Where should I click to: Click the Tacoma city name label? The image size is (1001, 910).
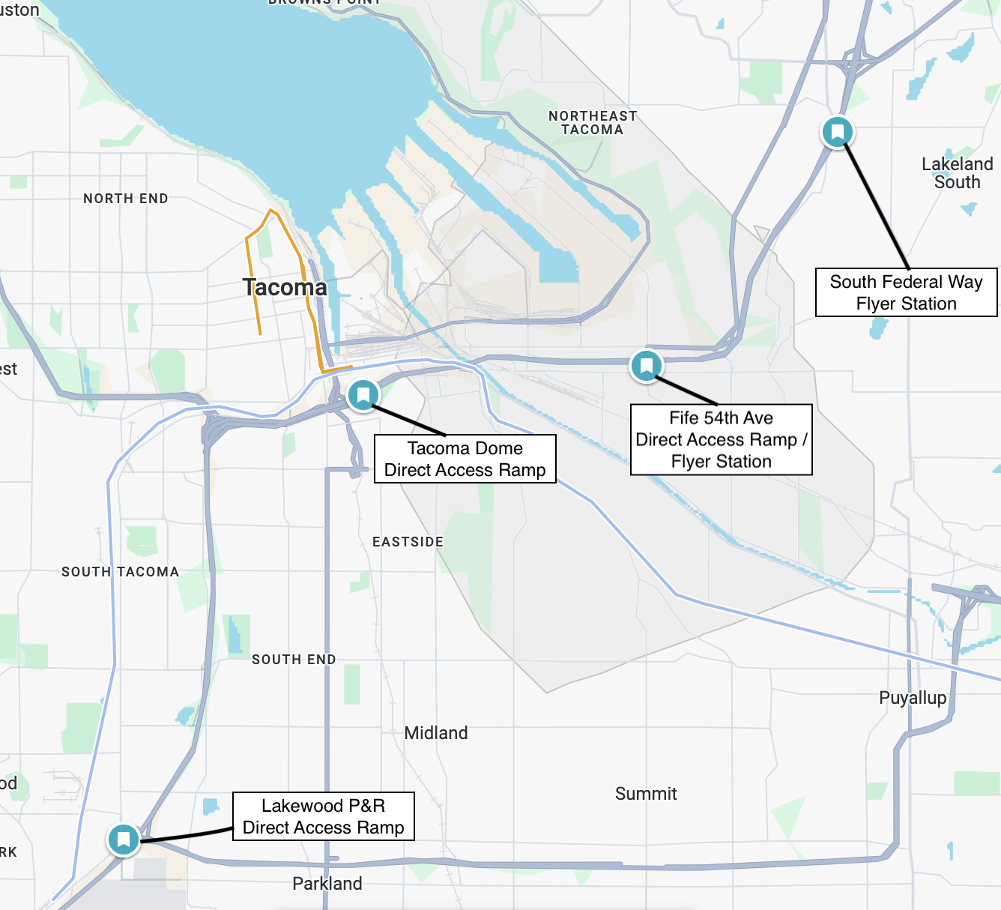[x=285, y=287]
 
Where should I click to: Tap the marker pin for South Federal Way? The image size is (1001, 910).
[x=838, y=132]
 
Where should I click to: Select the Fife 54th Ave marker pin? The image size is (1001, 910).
[x=646, y=366]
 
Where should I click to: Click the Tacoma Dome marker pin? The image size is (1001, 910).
[x=363, y=394]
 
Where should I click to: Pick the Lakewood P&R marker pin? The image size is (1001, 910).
[x=124, y=839]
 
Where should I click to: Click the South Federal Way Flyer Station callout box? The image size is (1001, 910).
[x=906, y=292]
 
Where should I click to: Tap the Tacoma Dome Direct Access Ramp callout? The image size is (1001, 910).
[x=465, y=459]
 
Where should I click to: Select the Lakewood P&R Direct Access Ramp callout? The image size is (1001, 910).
[x=323, y=816]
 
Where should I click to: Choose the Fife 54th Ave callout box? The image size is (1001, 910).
[x=721, y=439]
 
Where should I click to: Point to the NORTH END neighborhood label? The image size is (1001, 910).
[x=126, y=199]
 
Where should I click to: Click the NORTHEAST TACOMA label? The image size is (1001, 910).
[x=593, y=123]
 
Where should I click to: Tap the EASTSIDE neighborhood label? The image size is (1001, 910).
[x=408, y=542]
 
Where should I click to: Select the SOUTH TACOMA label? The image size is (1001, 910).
[x=120, y=572]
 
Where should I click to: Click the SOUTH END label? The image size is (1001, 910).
[x=294, y=660]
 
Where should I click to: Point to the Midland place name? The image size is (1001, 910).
[x=436, y=733]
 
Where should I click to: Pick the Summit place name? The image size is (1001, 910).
[x=646, y=794]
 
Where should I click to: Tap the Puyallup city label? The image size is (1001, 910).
[x=913, y=698]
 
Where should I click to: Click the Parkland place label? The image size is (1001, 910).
[x=327, y=884]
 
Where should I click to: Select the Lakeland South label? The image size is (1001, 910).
[x=957, y=173]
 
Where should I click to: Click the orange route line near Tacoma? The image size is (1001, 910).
[x=252, y=285]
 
